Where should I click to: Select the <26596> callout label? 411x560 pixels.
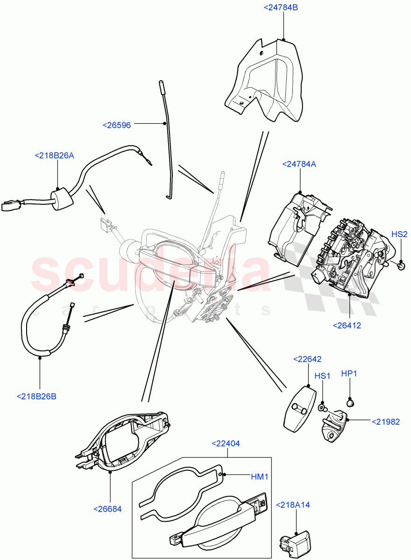point(117,125)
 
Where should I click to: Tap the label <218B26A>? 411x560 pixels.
point(54,156)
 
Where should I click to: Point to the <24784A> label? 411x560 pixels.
point(299,164)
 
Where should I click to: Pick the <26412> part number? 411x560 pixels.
point(347,325)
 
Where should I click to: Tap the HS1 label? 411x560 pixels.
point(322,376)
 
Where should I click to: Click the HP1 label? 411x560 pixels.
point(349,373)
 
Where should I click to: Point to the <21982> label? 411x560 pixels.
point(385,421)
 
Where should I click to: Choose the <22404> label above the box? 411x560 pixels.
point(226,444)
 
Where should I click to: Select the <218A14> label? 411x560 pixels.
point(293,504)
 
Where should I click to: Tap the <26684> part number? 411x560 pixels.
point(107,509)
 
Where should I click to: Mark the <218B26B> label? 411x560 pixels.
point(36,396)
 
